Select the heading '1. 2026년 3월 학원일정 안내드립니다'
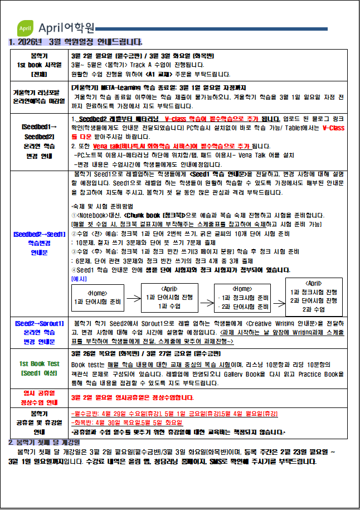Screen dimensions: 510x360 pos(76,42)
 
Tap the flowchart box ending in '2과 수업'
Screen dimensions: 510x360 pos(314,297)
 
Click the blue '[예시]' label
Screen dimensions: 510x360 pos(79,278)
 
